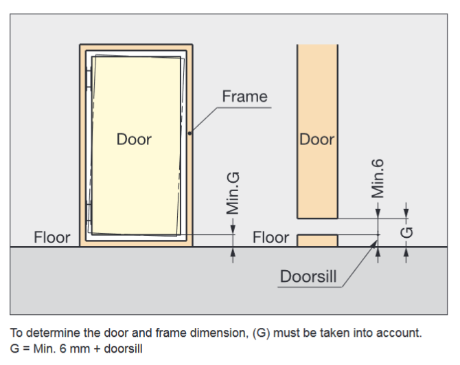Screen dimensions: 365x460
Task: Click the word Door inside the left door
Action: pyautogui.click(x=134, y=139)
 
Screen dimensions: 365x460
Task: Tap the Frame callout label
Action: pyautogui.click(x=244, y=96)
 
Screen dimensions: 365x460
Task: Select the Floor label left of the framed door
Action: pyautogui.click(x=52, y=237)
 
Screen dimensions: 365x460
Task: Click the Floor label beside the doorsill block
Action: pyautogui.click(x=271, y=237)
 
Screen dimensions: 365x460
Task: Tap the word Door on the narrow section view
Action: pyautogui.click(x=317, y=139)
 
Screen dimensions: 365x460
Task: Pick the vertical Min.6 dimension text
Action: pyautogui.click(x=377, y=178)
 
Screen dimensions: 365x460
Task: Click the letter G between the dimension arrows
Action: pyautogui.click(x=406, y=232)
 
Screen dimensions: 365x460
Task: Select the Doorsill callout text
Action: pyautogui.click(x=308, y=276)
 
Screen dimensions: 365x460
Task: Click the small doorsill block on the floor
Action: pyautogui.click(x=317, y=240)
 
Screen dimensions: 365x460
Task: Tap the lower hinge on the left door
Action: pyautogui.click(x=89, y=210)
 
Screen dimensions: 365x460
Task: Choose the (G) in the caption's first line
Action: pyautogui.click(x=261, y=333)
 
